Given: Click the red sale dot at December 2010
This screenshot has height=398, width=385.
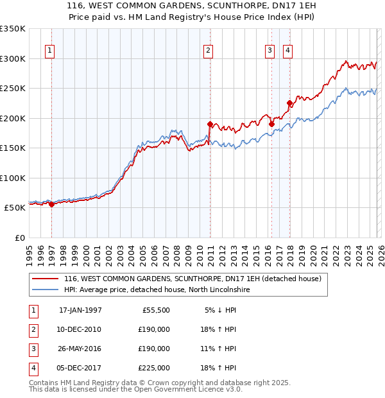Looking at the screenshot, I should (x=210, y=124).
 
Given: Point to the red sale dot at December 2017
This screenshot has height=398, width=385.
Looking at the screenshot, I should (x=289, y=103).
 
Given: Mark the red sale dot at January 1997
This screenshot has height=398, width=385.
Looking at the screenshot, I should (x=52, y=204).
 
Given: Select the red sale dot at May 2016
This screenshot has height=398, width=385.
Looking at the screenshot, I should (x=271, y=124).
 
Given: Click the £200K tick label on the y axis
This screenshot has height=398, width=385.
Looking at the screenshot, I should (x=13, y=118).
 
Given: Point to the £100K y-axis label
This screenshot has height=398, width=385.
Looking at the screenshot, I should (x=13, y=178).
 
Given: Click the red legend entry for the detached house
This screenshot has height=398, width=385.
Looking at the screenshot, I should (x=196, y=279).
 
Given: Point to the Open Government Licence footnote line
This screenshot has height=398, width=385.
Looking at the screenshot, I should (x=135, y=390).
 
